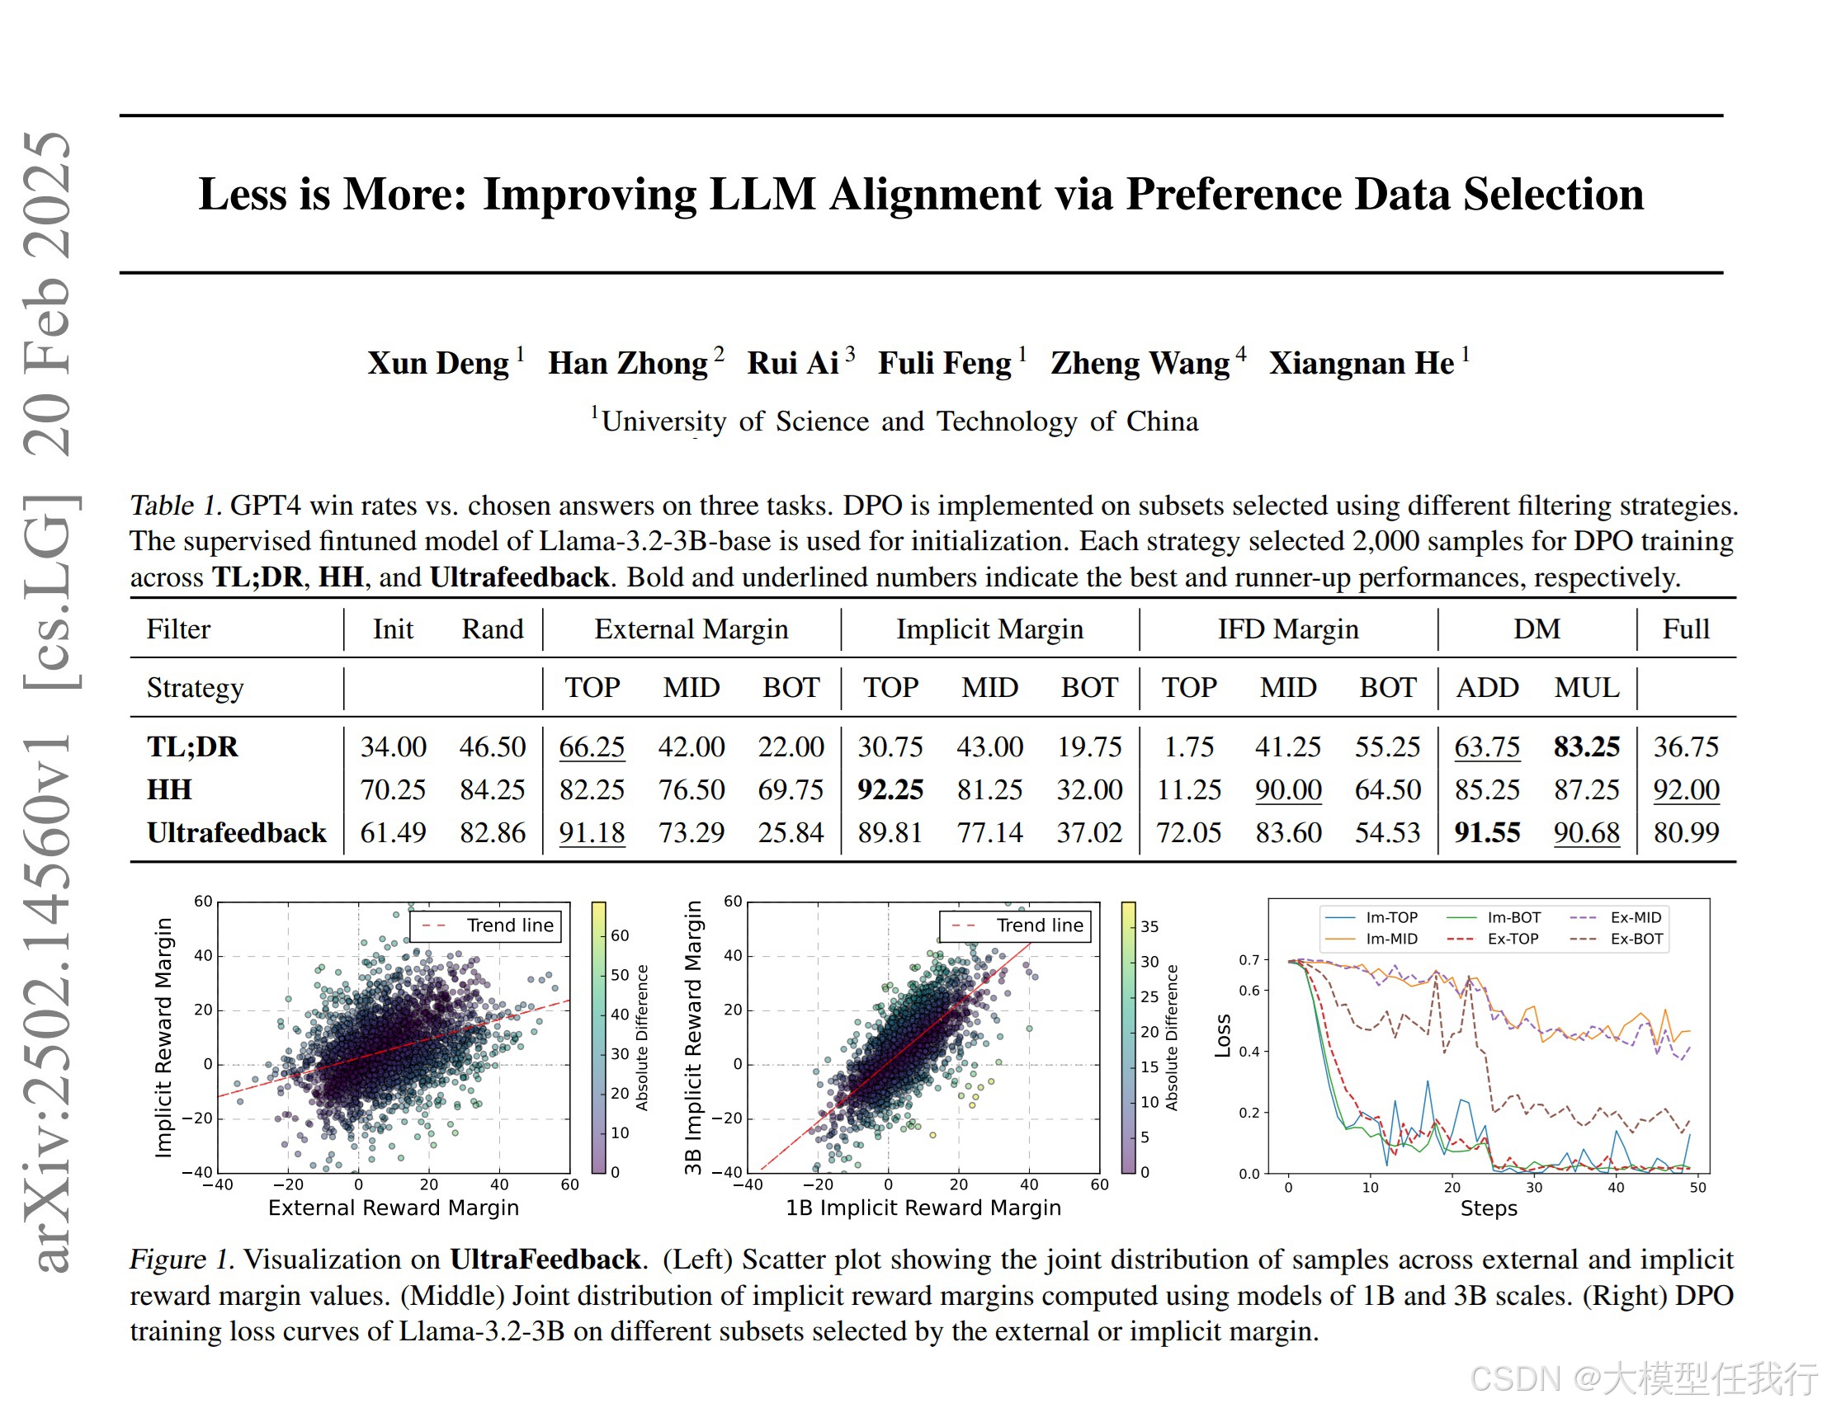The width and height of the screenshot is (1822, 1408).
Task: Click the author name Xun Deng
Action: pos(438,364)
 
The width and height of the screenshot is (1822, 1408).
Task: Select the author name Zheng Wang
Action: pos(1140,364)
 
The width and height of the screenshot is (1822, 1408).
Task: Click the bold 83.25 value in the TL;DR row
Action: pos(1586,746)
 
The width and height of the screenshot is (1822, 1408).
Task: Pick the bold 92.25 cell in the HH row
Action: pos(890,789)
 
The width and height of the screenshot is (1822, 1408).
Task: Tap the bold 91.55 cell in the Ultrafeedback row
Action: pos(1487,832)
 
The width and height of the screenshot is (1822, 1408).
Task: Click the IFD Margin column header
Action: pos(1288,629)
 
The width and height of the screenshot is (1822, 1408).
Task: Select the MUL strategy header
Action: pos(1586,687)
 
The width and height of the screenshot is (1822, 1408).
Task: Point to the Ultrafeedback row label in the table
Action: pos(237,832)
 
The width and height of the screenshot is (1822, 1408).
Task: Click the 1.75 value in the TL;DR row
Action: pos(1189,746)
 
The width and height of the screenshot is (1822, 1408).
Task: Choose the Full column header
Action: pos(1686,629)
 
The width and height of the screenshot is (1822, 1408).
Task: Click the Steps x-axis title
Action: pos(1489,1208)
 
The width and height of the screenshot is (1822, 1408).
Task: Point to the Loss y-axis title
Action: pos(1223,1036)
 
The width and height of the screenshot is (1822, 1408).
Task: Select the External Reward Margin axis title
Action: pos(393,1208)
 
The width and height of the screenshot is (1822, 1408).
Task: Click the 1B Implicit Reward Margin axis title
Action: pos(923,1208)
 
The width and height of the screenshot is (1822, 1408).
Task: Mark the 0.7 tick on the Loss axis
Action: pos(1248,961)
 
